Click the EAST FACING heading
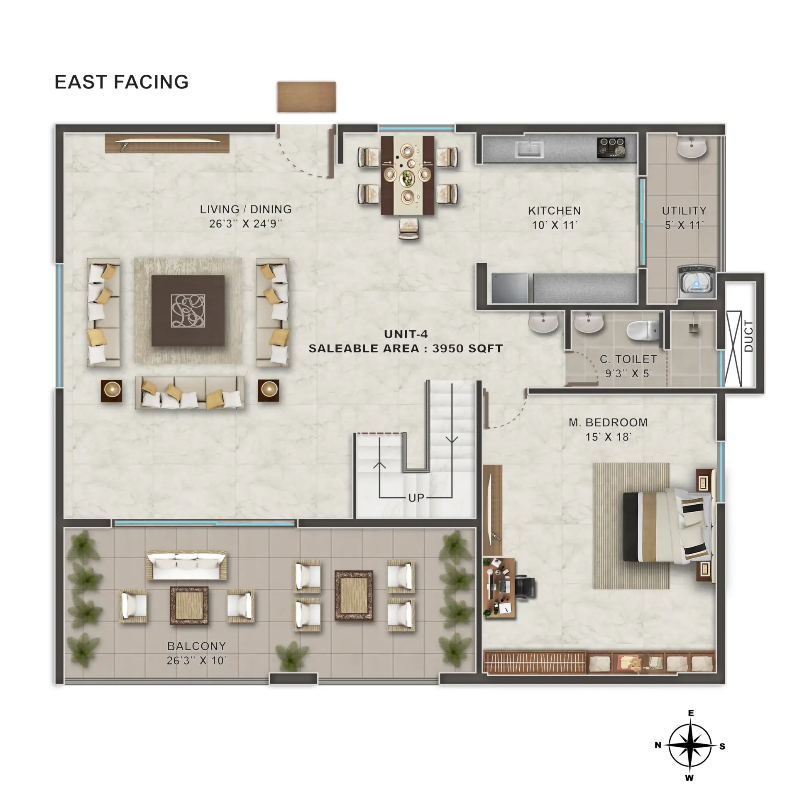click(x=122, y=82)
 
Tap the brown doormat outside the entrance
click(x=306, y=97)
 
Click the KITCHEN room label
click(x=554, y=211)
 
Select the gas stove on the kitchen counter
click(x=611, y=147)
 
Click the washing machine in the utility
click(x=697, y=282)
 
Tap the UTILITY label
click(x=684, y=211)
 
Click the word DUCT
click(x=748, y=336)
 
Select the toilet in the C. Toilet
click(x=643, y=330)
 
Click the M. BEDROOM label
click(x=608, y=423)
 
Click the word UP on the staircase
click(x=416, y=498)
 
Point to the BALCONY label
click(x=196, y=646)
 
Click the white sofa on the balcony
click(x=186, y=565)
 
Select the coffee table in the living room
click(x=188, y=311)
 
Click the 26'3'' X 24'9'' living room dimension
click(x=245, y=224)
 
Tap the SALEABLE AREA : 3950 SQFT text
click(x=406, y=348)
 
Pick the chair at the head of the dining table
click(x=409, y=229)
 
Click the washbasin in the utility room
click(x=692, y=148)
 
